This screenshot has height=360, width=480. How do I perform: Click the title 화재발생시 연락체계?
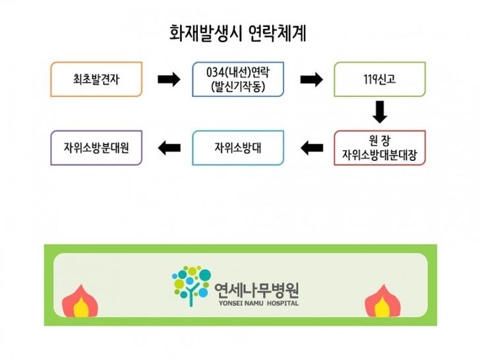238,33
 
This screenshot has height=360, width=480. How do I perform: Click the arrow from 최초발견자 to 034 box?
169,80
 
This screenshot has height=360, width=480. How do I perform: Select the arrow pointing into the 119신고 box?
311,80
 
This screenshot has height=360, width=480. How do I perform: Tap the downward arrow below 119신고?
380,112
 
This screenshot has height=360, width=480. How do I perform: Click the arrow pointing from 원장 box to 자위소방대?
312,148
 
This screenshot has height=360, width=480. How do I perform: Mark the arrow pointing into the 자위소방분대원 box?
169,148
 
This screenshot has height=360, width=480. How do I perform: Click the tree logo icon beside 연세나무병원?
192,286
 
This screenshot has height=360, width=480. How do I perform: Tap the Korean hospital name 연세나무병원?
256,291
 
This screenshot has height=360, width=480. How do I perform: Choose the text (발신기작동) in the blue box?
238,87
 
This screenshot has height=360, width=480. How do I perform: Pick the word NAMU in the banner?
253,303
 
